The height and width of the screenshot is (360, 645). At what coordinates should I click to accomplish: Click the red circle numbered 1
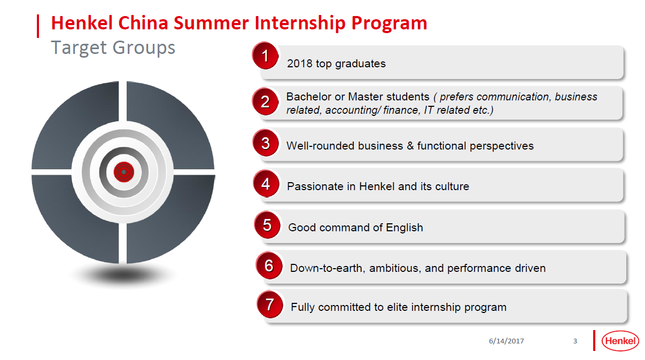point(265,56)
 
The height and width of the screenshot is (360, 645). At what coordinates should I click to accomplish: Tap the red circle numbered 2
point(265,101)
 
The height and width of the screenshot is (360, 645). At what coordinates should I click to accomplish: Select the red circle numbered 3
point(266,143)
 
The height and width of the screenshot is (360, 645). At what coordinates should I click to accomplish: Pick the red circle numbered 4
point(266,184)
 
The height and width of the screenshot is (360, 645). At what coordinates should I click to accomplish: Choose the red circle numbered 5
point(268,225)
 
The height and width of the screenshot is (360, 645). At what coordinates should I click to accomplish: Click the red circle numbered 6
point(269,265)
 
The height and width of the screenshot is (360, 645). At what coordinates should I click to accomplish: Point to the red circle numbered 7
point(270,304)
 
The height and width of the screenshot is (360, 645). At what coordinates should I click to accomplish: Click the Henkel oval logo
point(620,341)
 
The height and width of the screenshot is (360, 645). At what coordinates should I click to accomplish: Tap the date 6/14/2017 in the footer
point(506,341)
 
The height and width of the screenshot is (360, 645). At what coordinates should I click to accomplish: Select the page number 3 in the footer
point(575,341)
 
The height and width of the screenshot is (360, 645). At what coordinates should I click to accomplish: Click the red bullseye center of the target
point(124,172)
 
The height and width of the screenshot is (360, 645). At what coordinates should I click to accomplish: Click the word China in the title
point(143,23)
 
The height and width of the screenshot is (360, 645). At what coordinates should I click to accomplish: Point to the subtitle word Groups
point(144,48)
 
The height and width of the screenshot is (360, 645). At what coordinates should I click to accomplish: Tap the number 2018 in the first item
point(299,64)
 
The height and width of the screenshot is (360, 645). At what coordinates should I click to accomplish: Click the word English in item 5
point(405,228)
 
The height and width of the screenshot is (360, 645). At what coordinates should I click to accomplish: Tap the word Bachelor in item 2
point(309,97)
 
